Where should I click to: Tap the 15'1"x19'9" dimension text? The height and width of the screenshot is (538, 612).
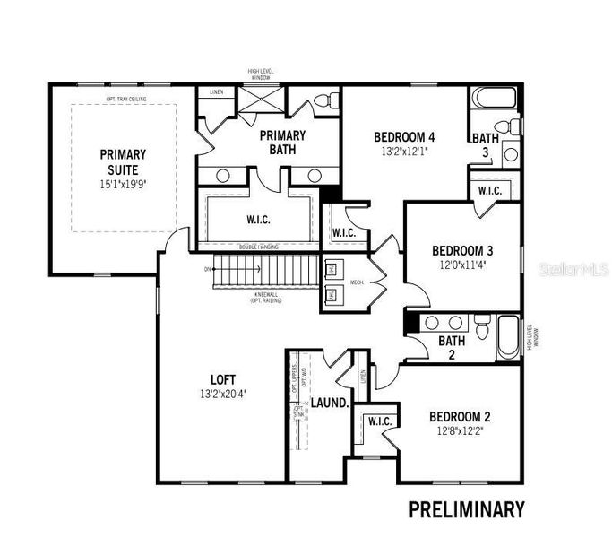tap(123, 182)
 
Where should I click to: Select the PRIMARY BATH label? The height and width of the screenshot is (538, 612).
tap(283, 142)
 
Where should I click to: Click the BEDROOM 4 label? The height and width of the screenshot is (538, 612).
tap(404, 137)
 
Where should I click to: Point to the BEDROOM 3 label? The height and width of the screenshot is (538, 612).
tap(462, 250)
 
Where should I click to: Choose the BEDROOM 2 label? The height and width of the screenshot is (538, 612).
tap(460, 416)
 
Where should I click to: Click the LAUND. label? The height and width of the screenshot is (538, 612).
tap(329, 403)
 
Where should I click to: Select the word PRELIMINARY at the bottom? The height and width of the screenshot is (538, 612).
tap(466, 509)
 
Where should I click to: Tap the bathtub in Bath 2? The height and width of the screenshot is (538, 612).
tap(508, 338)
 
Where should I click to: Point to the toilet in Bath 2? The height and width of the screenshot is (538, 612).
tap(482, 328)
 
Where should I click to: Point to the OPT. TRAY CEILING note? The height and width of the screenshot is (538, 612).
tap(125, 99)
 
